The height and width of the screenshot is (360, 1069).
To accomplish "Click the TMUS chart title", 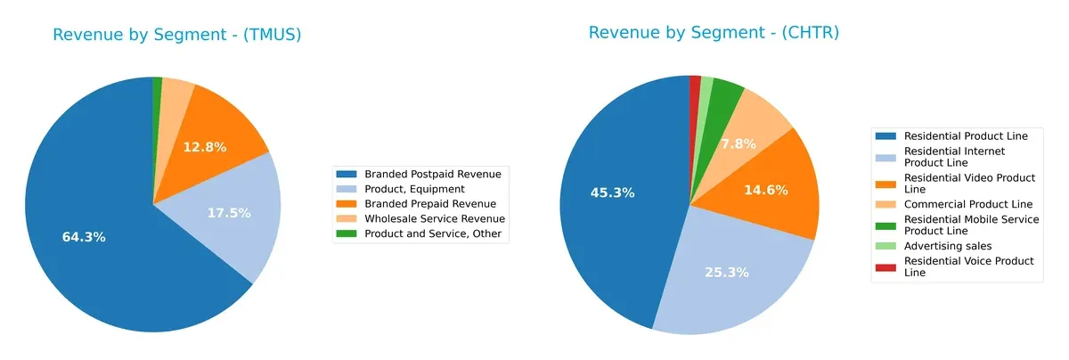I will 176,35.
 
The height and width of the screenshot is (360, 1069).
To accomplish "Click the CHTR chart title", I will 714,33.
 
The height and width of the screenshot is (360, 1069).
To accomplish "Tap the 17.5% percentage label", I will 229,213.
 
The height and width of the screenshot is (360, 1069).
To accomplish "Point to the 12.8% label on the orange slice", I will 205,146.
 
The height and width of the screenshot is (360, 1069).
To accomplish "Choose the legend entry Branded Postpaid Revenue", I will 431,174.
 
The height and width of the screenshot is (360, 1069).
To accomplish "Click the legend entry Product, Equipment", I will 412,189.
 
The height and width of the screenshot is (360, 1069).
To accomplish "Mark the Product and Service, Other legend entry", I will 433,233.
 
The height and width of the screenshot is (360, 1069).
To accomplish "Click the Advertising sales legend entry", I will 947,245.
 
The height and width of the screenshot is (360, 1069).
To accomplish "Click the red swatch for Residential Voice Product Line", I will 886,266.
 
